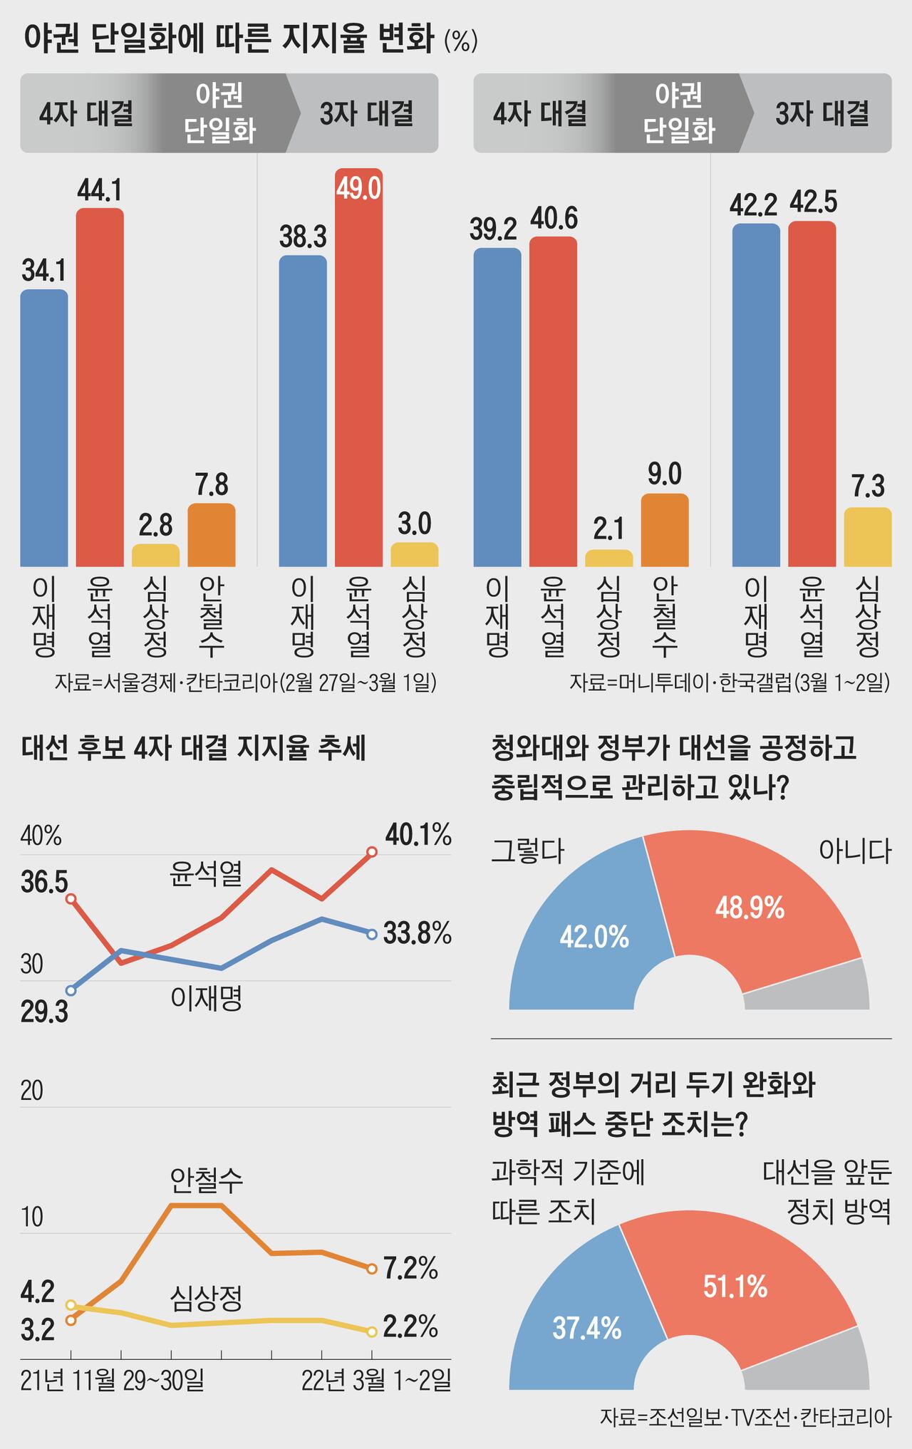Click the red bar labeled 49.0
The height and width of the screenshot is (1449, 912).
[358, 370]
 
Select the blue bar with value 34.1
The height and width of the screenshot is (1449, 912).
[44, 427]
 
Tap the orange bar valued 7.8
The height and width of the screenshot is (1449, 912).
[212, 535]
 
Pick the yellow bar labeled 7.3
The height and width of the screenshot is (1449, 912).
[868, 537]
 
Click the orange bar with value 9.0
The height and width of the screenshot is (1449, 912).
[665, 530]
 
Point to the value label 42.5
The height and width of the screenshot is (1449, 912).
[813, 203]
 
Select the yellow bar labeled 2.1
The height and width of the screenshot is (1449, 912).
[608, 558]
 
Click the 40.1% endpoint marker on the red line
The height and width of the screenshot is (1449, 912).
[371, 851]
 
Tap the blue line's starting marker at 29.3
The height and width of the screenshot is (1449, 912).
[71, 990]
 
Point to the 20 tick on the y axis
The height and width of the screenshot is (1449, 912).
[32, 1090]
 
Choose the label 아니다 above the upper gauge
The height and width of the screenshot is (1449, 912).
[854, 851]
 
